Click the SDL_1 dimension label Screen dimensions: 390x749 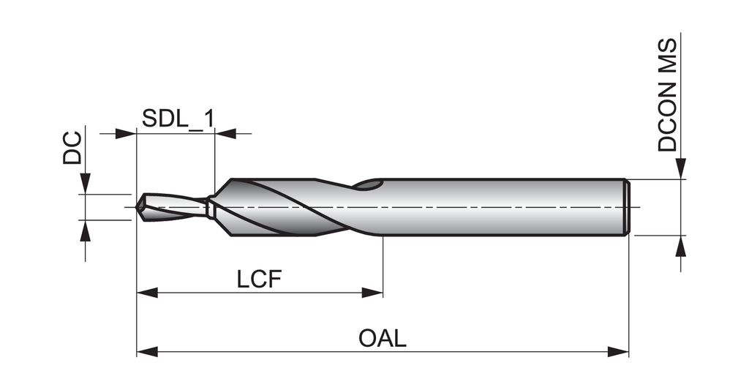(178, 119)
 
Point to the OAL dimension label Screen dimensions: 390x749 (383, 339)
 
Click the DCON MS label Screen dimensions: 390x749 (667, 95)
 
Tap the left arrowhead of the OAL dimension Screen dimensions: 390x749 (146, 352)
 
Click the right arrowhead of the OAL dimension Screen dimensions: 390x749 (619, 352)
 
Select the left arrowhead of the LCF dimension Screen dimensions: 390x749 (146, 293)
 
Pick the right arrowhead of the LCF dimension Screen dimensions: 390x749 (374, 293)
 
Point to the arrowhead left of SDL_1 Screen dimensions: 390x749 (127, 134)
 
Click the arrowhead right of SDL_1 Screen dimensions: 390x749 (225, 134)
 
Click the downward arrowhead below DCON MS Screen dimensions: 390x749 (682, 169)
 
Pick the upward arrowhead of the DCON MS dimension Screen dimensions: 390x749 (682, 245)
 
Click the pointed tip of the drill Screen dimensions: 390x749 (138, 207)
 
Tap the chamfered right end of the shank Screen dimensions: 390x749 (627, 207)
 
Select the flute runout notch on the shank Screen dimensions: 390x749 (369, 186)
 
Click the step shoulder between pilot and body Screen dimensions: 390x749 (211, 207)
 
